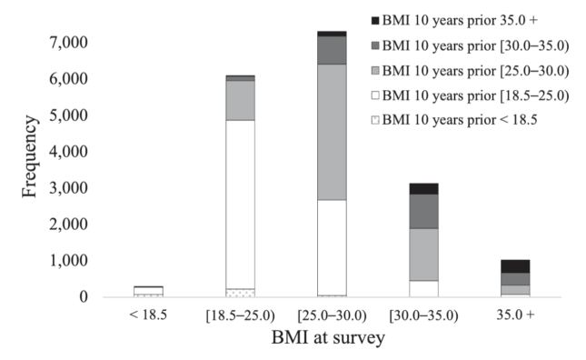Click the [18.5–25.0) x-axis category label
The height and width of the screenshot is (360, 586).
[x=241, y=315]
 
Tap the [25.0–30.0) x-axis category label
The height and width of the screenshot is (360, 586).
[x=332, y=315]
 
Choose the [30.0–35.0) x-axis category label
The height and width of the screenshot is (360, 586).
[x=423, y=315]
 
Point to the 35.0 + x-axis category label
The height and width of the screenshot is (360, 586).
[x=515, y=315]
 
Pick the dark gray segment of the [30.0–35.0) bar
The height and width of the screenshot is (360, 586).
[x=423, y=211]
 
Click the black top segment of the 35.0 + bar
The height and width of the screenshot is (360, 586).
[x=515, y=266]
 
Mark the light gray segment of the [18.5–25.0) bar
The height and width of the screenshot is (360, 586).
[x=241, y=100]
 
